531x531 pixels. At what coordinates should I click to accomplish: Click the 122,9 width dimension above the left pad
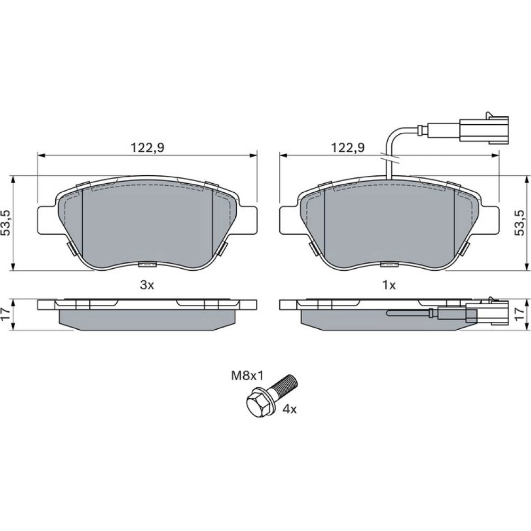pyautogui.click(x=147, y=148)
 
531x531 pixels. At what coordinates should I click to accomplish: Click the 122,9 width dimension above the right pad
pyautogui.click(x=348, y=148)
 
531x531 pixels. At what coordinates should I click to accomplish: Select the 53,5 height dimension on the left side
pyautogui.click(x=7, y=222)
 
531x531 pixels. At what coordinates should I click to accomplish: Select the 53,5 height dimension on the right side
pyautogui.click(x=519, y=222)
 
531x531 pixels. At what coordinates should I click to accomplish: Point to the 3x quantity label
pyautogui.click(x=147, y=285)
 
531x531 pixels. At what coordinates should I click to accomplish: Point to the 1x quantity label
pyautogui.click(x=389, y=285)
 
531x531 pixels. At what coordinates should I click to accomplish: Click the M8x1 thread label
pyautogui.click(x=247, y=375)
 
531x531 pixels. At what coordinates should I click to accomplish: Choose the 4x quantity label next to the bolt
pyautogui.click(x=289, y=409)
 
